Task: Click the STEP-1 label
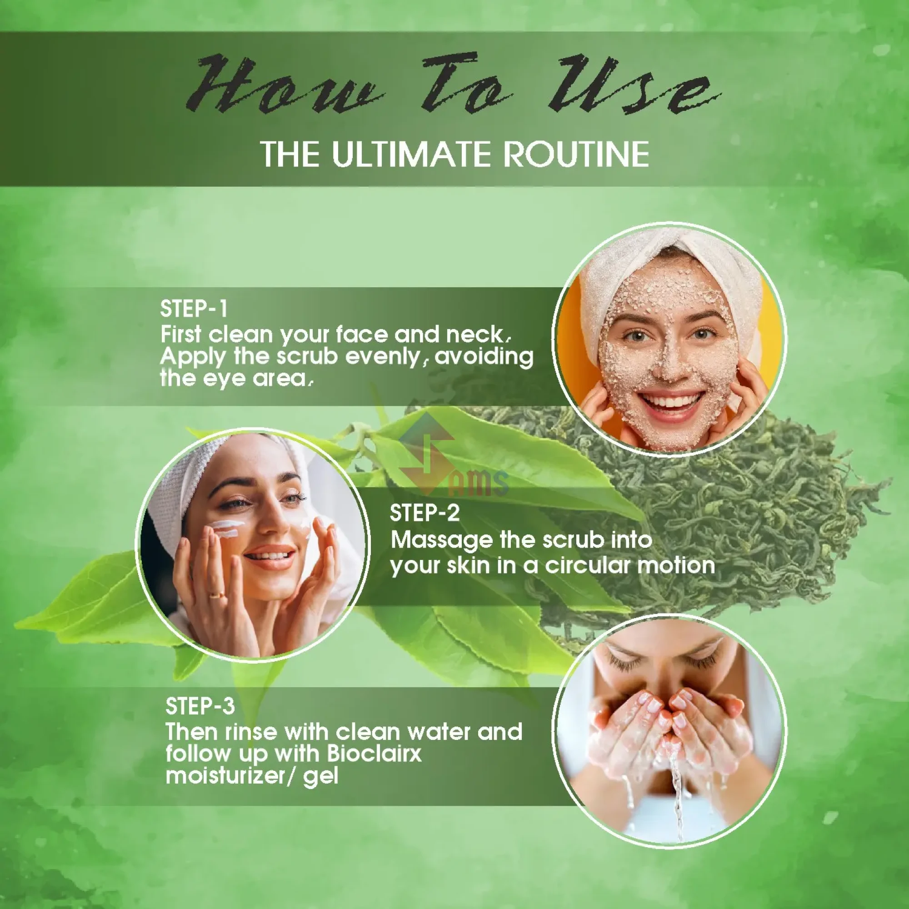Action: [x=194, y=309]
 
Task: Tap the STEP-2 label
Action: [x=425, y=513]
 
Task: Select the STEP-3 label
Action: [x=200, y=706]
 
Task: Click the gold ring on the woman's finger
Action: [x=217, y=596]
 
